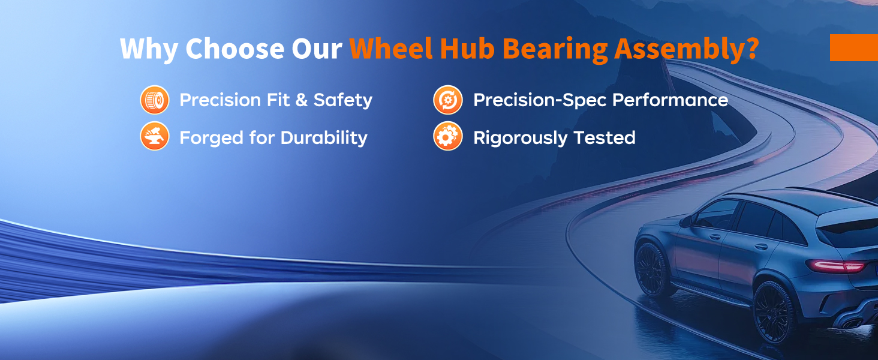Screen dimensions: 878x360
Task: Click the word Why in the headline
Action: (x=149, y=49)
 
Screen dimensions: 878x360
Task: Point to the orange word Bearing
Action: (x=555, y=50)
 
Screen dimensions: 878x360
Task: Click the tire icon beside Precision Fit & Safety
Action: (x=155, y=100)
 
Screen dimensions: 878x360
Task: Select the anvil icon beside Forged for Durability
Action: (x=155, y=136)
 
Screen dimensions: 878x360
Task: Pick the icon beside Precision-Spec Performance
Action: (x=448, y=100)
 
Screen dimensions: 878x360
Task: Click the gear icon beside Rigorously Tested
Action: (x=448, y=136)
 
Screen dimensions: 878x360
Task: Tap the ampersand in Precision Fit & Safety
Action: (x=301, y=100)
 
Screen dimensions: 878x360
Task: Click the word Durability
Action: (x=324, y=138)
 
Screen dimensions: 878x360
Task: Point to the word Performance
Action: (x=670, y=100)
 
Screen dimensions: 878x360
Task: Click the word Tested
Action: (x=605, y=137)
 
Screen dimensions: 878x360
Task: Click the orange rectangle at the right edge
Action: (x=854, y=47)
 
